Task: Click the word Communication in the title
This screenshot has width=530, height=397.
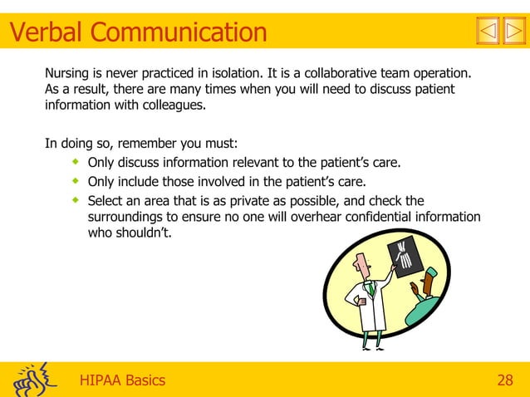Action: pyautogui.click(x=179, y=32)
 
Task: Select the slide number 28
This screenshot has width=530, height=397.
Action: pyautogui.click(x=503, y=380)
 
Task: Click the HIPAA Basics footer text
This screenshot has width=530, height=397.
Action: pyautogui.click(x=122, y=380)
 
